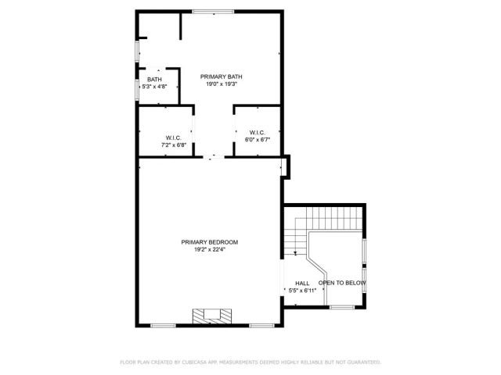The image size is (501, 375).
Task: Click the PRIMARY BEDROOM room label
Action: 209,242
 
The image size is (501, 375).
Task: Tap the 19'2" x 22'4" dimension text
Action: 209,250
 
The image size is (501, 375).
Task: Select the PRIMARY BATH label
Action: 221,76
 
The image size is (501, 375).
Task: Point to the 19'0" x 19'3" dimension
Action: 221,84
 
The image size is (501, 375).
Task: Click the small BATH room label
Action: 154,79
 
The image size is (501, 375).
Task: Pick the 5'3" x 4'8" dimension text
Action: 154,87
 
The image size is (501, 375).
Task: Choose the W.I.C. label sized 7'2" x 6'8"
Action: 173,137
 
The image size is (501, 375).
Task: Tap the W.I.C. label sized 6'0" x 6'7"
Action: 258,132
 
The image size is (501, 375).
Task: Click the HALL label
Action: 301,283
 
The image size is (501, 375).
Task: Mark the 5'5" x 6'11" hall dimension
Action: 301,291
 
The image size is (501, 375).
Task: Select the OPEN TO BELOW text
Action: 342,283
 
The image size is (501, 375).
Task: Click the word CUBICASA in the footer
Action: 193,362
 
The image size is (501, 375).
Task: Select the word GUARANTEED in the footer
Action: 362,362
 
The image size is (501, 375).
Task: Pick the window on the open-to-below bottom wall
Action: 342,307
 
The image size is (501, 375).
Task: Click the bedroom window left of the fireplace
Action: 163,325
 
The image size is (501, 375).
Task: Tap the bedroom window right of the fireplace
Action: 261,325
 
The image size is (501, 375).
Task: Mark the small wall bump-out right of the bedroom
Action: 287,166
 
